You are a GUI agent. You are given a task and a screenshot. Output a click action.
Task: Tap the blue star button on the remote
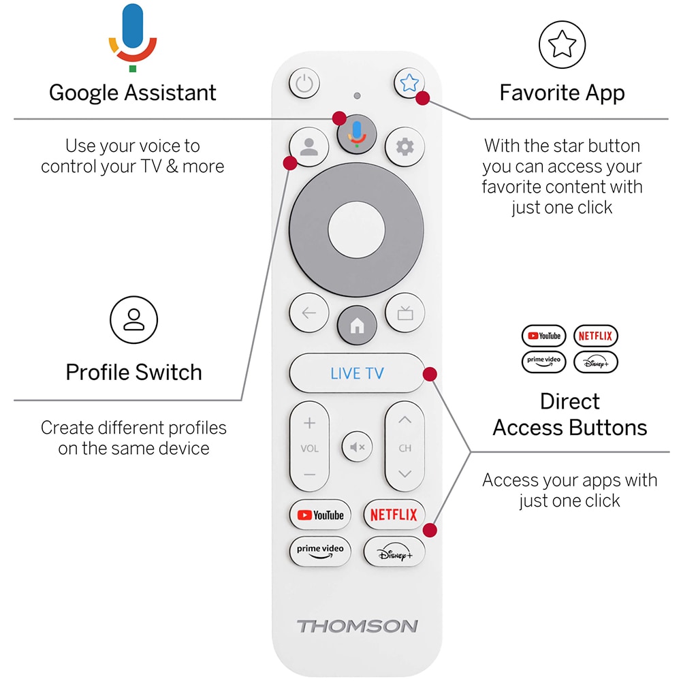[x=409, y=83]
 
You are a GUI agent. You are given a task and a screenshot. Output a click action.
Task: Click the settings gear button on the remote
[x=405, y=146]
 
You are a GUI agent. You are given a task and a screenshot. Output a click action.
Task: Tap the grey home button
[x=357, y=326]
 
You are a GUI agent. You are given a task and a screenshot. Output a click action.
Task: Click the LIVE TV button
[x=357, y=373]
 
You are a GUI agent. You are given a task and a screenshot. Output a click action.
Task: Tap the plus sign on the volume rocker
[x=309, y=424]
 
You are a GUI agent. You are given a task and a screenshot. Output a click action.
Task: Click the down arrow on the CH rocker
[x=405, y=473]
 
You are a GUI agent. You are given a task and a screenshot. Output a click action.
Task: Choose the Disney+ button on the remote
[x=394, y=552]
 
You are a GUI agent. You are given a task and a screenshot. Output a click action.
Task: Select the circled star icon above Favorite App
[x=562, y=44]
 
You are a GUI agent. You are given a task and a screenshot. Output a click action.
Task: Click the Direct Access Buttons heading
[x=570, y=414]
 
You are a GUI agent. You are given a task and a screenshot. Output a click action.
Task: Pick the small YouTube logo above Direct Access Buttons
[x=544, y=336]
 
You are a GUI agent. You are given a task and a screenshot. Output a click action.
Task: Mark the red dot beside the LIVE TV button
[x=430, y=374]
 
